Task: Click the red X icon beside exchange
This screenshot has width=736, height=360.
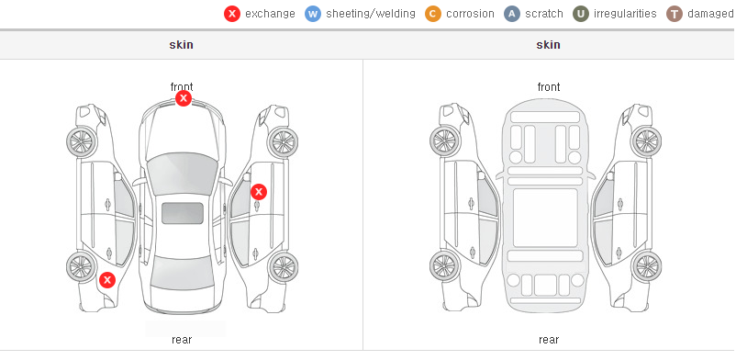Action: pos(232,14)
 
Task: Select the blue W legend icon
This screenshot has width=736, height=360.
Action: pos(313,14)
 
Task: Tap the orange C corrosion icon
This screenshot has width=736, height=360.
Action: pos(433,14)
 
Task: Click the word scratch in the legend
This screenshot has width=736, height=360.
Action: pos(544,14)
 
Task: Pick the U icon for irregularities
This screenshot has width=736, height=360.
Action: pos(581,14)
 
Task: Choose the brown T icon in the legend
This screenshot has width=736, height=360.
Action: pos(674,14)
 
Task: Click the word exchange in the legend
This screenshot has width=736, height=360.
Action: pos(270,14)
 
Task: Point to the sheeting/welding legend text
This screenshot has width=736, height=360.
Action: pos(371,14)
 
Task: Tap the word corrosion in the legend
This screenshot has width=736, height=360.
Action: pos(471,14)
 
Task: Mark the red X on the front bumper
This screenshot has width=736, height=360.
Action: pos(184,98)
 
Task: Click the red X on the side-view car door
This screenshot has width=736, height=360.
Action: pos(259,192)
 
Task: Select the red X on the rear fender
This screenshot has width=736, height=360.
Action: pos(107,280)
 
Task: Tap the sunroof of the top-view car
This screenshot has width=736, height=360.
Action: pos(183,213)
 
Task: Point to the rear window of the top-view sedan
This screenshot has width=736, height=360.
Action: pos(182,273)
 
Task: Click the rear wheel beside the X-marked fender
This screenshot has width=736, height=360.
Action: pos(82,267)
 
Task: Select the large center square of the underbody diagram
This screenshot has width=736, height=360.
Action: pos(545,218)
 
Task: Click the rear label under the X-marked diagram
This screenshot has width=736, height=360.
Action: pos(182,340)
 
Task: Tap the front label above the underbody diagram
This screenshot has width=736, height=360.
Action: pos(549,87)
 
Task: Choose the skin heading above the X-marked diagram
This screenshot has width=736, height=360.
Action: pos(181,45)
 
